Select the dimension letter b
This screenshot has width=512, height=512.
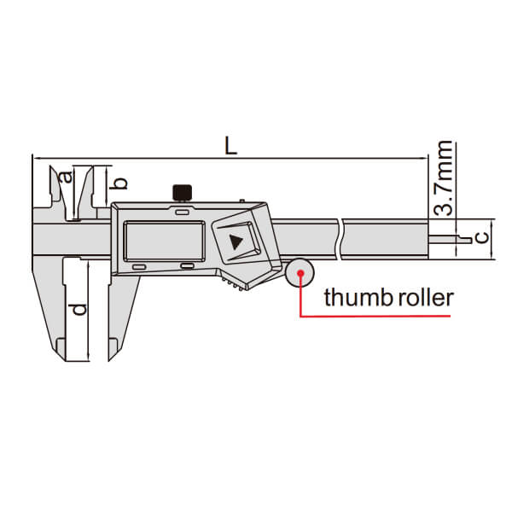(x=120, y=182)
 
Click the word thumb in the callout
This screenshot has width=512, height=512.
(x=352, y=298)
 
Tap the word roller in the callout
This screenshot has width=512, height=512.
(x=419, y=298)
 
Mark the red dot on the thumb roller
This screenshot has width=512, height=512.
(x=300, y=274)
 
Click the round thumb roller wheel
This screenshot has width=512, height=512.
(x=301, y=274)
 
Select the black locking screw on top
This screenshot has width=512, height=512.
(x=181, y=192)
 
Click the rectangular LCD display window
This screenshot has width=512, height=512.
(x=164, y=241)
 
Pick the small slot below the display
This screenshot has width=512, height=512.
(x=188, y=268)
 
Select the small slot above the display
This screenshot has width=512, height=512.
(x=183, y=210)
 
